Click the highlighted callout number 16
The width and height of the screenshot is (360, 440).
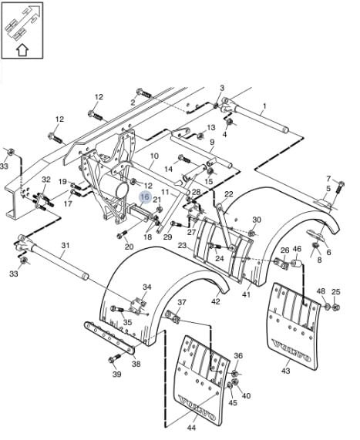click(x=145, y=197)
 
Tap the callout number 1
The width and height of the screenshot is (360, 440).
click(x=264, y=106)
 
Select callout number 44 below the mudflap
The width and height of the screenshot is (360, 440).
click(x=191, y=428)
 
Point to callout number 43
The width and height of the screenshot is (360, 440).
click(x=285, y=371)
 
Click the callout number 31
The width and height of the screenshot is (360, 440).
click(x=66, y=246)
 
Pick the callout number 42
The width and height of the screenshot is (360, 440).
click(x=216, y=301)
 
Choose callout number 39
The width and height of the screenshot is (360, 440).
click(x=117, y=374)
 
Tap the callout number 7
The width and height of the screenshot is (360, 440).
click(x=328, y=179)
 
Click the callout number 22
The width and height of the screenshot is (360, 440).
click(x=229, y=194)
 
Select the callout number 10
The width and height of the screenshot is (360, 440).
click(x=154, y=156)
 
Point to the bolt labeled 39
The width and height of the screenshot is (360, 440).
click(x=115, y=358)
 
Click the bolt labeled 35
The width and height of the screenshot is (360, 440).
click(x=117, y=309)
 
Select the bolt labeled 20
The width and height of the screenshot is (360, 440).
click(x=122, y=233)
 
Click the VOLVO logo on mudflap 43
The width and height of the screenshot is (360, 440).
click(x=291, y=351)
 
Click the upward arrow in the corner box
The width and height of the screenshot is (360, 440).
click(x=22, y=51)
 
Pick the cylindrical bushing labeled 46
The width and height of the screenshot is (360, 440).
click(x=297, y=264)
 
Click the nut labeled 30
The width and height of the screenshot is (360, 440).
click(x=252, y=233)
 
